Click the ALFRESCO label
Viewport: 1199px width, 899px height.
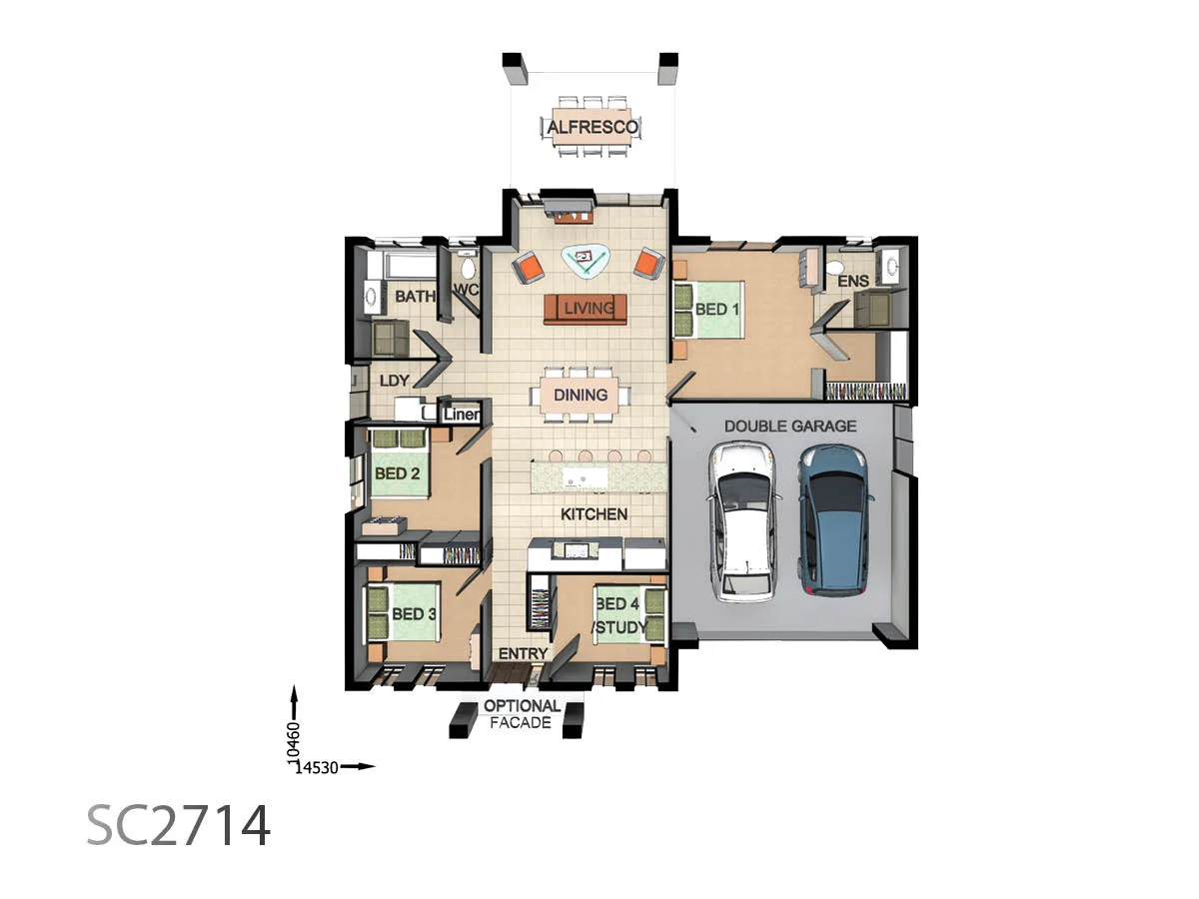coord(592,127)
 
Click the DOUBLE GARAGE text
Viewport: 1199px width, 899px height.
coord(789,426)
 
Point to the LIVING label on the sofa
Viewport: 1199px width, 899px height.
coord(588,309)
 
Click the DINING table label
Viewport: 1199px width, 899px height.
coord(581,395)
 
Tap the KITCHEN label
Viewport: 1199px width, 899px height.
coord(594,514)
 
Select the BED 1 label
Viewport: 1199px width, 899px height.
coord(716,310)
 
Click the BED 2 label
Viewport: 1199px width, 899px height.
coord(397,472)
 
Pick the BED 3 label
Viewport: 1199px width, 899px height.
coord(414,613)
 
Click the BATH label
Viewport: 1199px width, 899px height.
coord(414,297)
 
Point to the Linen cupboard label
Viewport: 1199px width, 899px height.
coord(463,414)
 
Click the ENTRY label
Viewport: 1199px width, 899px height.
coord(523,654)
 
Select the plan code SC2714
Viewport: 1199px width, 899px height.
coord(178,825)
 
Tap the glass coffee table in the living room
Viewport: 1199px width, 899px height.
coord(586,260)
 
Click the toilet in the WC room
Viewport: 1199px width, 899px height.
coord(467,266)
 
